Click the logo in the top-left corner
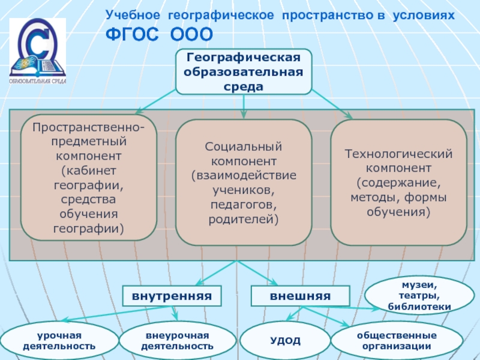coord(38,52)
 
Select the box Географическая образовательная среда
coord(244,71)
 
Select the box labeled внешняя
coord(300,296)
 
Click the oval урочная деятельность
coord(59,340)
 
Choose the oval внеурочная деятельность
coord(177,340)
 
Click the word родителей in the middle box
coord(244,220)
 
